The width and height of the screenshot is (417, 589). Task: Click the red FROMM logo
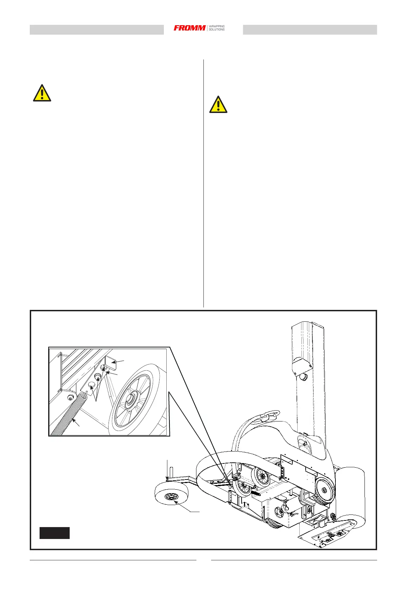coord(189,28)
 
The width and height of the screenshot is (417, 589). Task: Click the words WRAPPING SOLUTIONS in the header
coord(217,28)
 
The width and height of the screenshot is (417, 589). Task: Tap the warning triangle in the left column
coord(42,93)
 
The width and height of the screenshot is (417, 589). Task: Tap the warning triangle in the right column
coord(218,105)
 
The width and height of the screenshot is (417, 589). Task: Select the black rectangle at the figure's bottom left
coord(54,533)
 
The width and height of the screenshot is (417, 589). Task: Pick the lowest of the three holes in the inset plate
coord(91,385)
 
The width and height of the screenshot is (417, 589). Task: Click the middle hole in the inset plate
coord(98,377)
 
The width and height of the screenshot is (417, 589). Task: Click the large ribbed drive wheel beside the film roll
coord(324,490)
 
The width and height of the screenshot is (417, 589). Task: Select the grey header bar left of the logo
coord(97,30)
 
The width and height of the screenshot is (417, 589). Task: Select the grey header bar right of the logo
coord(310,30)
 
